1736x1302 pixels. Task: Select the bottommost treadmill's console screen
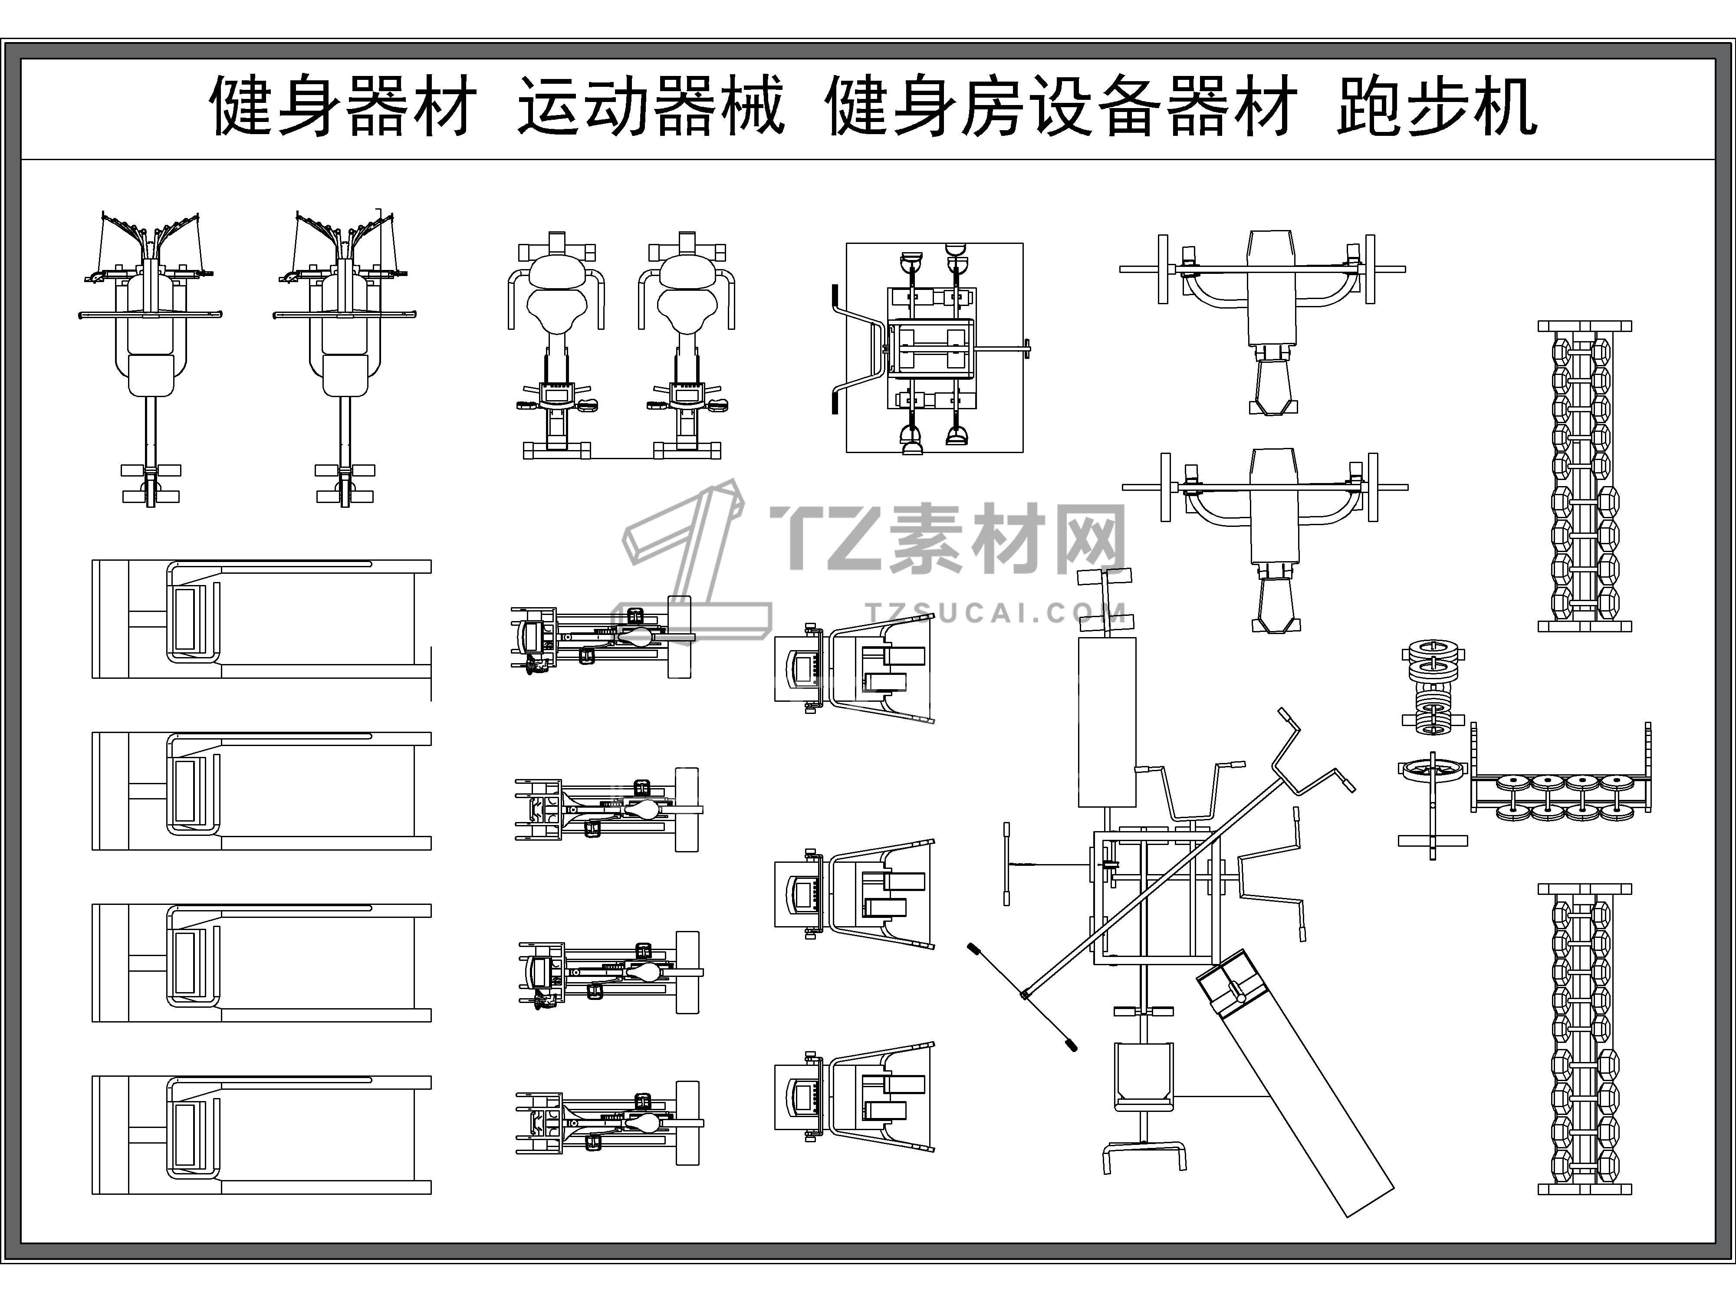tap(185, 1135)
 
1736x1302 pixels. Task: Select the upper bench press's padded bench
tap(1271, 288)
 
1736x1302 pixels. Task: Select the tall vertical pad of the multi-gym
tap(1107, 722)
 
